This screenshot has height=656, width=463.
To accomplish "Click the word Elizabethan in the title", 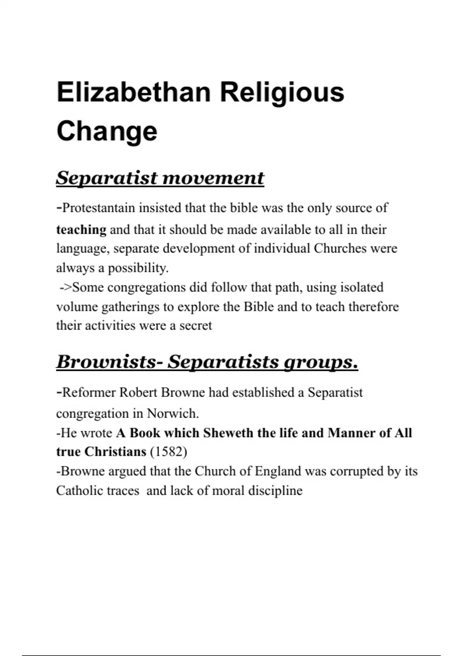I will pyautogui.click(x=133, y=93).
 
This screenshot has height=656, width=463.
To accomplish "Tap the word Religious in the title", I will pyautogui.click(x=282, y=93).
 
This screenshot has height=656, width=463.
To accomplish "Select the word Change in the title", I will pyautogui.click(x=107, y=131).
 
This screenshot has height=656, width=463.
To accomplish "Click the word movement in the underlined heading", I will pyautogui.click(x=213, y=178).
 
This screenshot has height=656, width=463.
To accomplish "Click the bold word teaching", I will pyautogui.click(x=81, y=230).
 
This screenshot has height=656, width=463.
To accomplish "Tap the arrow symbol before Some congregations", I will pyautogui.click(x=66, y=287).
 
